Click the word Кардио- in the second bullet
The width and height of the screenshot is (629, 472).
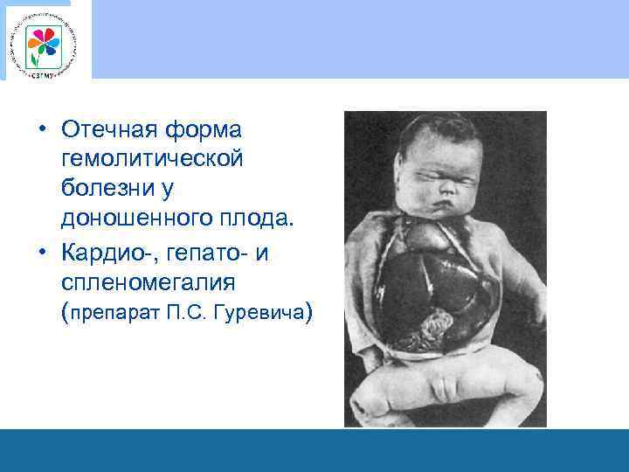[104, 254]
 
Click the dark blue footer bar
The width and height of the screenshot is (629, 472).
[314, 450]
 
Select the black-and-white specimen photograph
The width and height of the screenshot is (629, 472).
[445, 269]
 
